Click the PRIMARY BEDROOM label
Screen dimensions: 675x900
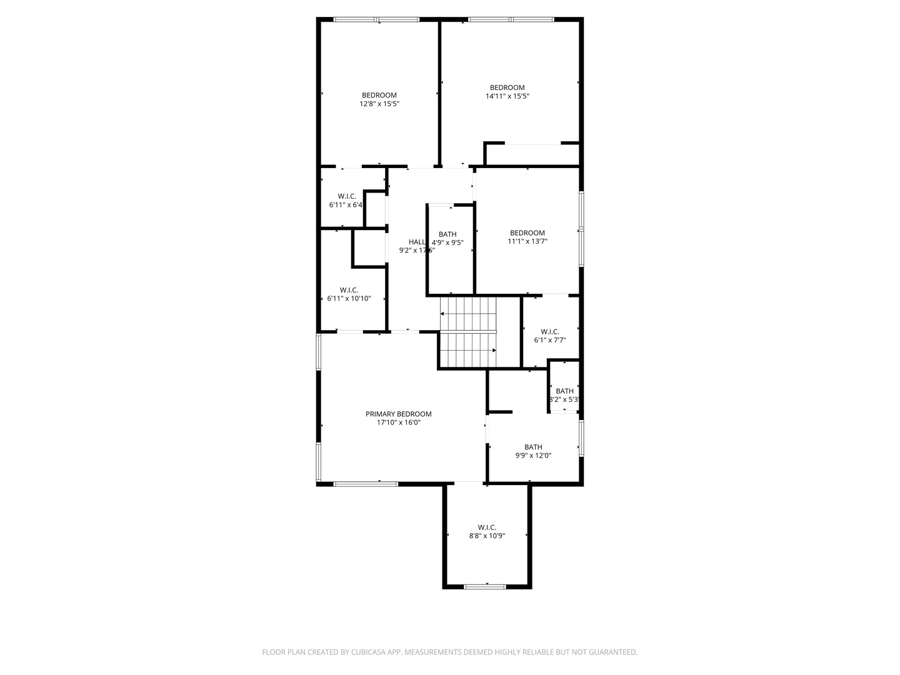click(398, 414)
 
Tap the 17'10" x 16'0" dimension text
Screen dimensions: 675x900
click(398, 422)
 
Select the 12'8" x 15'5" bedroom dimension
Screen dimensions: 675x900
click(379, 104)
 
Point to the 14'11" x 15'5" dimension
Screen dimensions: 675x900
click(507, 96)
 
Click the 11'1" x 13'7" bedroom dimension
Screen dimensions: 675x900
click(527, 241)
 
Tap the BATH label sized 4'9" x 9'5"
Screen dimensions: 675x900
click(447, 234)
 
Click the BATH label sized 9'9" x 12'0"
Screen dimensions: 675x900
click(533, 447)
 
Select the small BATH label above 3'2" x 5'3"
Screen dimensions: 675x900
click(564, 391)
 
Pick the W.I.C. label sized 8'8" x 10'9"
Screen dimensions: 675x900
click(487, 527)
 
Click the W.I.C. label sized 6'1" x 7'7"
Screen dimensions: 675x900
click(550, 331)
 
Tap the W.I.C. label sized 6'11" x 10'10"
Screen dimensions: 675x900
click(349, 290)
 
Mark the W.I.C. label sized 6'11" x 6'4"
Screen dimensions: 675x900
click(347, 196)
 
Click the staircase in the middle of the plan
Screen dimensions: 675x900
click(468, 332)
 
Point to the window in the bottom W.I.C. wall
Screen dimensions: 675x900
click(485, 586)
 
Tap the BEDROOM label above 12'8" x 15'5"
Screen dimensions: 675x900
click(379, 95)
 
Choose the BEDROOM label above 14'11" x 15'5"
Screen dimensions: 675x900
click(507, 87)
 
